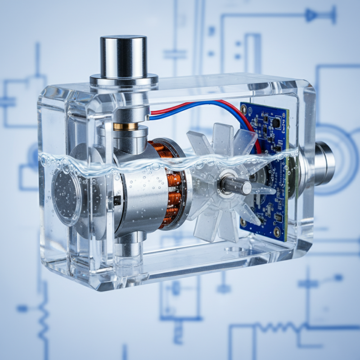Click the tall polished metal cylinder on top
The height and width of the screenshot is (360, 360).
point(124,56)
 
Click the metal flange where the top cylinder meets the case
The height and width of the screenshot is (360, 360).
point(124,81)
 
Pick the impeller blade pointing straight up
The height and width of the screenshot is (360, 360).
point(223,139)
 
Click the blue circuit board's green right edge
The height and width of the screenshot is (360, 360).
point(287,180)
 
